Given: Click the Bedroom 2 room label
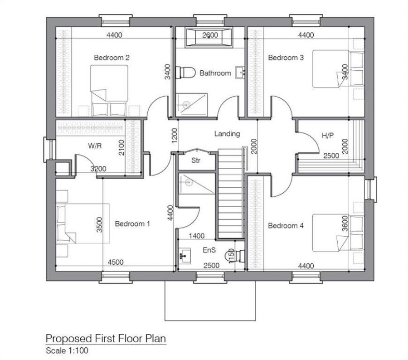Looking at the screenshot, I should tap(112, 58).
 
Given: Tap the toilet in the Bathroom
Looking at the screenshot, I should tap(186, 73).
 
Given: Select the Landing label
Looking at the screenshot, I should tap(227, 134).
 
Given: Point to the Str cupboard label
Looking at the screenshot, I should tap(195, 161).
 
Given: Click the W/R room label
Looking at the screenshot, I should tap(95, 146).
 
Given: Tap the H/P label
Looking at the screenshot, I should tap(327, 135).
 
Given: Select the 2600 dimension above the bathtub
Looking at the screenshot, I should tap(210, 35).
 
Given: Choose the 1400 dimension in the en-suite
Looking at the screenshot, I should tap(195, 236).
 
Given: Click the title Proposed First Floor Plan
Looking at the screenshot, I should tap(106, 338).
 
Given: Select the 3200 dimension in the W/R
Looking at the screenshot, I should tap(98, 169).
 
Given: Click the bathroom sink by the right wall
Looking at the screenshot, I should tap(240, 73).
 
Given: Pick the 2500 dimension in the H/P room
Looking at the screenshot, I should tap(331, 156).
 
